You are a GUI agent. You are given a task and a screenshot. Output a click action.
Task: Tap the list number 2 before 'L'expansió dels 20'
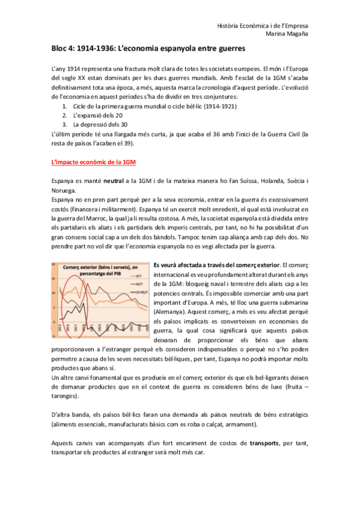(x=64, y=115)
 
